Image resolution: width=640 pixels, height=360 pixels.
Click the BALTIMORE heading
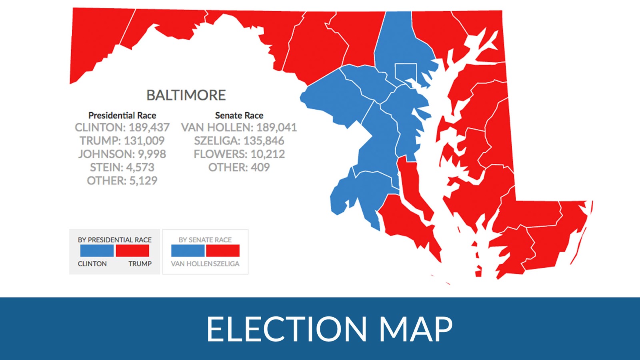[x=186, y=95]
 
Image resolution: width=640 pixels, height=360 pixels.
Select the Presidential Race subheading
[x=122, y=116]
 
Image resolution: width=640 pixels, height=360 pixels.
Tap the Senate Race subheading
[x=239, y=116]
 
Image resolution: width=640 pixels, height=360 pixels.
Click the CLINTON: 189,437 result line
[x=122, y=128]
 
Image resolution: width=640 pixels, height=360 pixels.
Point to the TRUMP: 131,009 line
[x=122, y=141]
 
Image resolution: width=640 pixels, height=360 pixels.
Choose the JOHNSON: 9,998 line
[x=122, y=154]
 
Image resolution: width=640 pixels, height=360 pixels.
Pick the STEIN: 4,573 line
[x=122, y=167]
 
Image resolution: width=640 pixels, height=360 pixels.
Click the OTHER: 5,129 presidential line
[x=122, y=181]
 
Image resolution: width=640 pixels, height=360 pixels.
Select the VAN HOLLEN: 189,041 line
[x=239, y=128]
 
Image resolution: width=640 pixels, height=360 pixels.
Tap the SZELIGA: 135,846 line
[x=239, y=141]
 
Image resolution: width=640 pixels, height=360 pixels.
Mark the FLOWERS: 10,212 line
[x=239, y=154]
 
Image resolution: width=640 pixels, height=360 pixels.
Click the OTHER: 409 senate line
[x=239, y=167]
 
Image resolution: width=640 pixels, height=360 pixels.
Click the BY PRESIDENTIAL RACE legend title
[x=115, y=240]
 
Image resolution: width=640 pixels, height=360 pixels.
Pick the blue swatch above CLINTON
[x=97, y=251]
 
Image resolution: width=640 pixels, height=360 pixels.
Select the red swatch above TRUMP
[x=132, y=251]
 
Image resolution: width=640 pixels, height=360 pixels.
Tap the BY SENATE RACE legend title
[x=205, y=240]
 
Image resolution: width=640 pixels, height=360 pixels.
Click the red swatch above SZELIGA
[x=223, y=251]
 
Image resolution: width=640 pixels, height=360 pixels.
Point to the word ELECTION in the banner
[x=286, y=329]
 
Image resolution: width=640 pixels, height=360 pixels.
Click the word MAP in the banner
[x=416, y=329]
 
